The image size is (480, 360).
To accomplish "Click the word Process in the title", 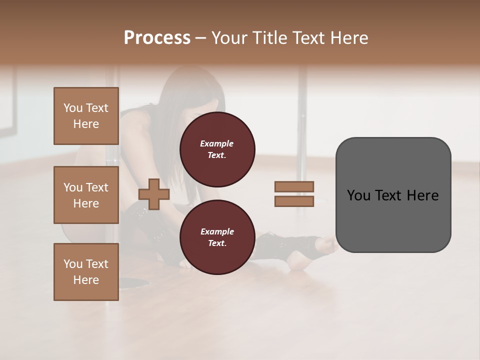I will [157, 38].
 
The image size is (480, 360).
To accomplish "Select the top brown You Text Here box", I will [86, 116].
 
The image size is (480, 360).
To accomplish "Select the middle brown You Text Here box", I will [86, 195].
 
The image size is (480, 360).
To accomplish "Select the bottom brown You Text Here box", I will [86, 272].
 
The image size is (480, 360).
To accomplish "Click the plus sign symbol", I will [154, 194].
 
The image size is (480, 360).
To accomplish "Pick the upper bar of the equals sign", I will [294, 186].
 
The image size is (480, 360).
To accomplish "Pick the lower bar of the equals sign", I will [294, 201].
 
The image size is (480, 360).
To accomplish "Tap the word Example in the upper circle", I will [217, 143].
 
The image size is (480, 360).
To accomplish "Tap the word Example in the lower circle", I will [217, 231].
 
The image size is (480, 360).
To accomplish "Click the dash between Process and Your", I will [200, 38].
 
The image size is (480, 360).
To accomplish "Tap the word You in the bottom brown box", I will [72, 264].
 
